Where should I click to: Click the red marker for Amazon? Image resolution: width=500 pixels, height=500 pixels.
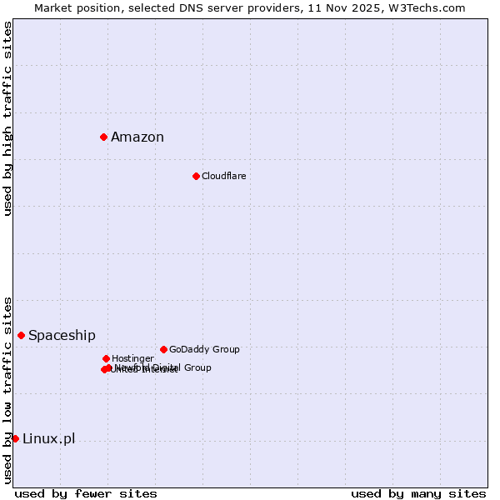tap(103, 137)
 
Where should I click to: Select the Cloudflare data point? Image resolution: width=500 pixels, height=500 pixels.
tap(196, 176)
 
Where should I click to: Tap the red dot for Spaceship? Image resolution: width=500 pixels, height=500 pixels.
tap(21, 335)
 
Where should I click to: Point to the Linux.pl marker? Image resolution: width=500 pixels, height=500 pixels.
tap(15, 438)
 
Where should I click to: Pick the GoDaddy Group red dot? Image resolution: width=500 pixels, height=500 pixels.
tap(163, 349)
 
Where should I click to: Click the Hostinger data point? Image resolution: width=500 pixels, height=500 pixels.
tap(106, 358)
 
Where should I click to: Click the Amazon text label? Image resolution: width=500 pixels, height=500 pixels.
tap(137, 137)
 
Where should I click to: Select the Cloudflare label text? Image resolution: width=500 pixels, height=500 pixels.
tap(223, 176)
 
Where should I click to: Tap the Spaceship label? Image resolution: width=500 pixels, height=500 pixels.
tap(62, 336)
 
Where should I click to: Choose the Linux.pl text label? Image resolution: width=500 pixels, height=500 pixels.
tap(48, 439)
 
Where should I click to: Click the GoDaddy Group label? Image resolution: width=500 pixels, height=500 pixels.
tap(204, 349)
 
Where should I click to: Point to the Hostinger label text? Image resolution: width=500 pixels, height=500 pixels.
tap(132, 358)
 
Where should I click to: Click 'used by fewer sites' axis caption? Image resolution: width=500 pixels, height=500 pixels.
tap(86, 494)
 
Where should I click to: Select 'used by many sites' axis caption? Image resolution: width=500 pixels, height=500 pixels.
tap(418, 494)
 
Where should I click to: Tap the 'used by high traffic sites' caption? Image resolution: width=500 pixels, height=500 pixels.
tap(7, 118)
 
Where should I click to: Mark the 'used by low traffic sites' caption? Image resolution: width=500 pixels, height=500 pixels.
tap(7, 390)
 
